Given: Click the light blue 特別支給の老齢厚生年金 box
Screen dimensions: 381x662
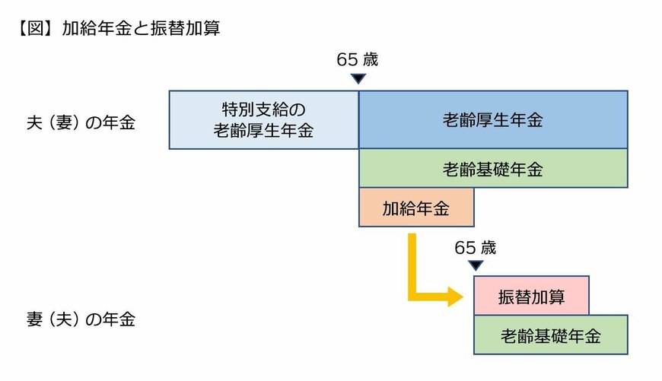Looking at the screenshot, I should [263, 119].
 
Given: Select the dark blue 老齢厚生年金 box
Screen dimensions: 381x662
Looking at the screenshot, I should [493, 119].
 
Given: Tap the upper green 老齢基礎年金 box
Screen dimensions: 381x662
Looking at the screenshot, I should [493, 168].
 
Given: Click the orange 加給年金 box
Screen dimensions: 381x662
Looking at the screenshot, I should [416, 208].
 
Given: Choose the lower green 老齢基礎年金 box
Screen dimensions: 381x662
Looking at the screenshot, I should [551, 335].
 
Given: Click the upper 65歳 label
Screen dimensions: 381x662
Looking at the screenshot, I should [358, 59].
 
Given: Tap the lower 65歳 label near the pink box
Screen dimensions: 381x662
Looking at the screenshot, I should [475, 247].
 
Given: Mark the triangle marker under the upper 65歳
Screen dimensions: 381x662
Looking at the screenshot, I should [358, 78].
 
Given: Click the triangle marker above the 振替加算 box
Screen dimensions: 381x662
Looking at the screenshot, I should [475, 265].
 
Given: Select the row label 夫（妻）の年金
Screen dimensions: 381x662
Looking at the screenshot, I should [81, 122].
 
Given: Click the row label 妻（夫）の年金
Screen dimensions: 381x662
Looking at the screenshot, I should [81, 319].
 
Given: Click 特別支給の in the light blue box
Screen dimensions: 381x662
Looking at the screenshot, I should [263, 110].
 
